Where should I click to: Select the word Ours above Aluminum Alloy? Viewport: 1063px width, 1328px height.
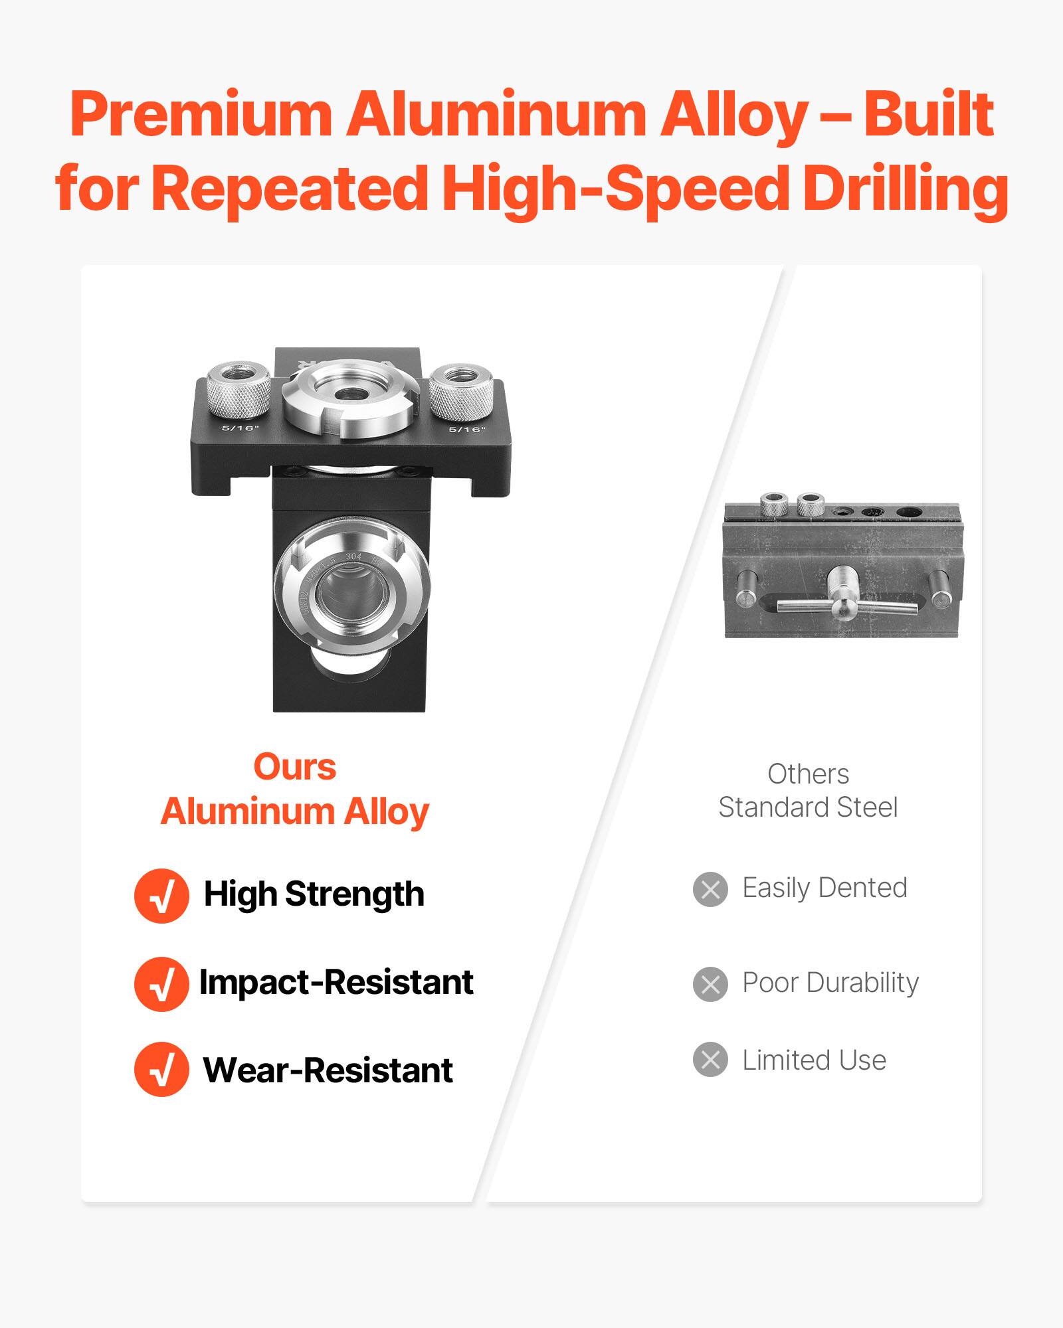click(x=294, y=767)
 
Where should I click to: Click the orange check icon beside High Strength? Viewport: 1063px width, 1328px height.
click(x=161, y=896)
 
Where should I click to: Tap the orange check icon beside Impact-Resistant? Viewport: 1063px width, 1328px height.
click(x=161, y=984)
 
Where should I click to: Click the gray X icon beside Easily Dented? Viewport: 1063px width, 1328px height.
click(x=710, y=889)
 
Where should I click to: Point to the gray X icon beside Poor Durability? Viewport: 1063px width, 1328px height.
click(x=710, y=984)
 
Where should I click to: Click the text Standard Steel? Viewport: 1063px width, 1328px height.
click(x=808, y=807)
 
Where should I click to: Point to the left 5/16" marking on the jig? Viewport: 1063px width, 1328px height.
click(x=240, y=428)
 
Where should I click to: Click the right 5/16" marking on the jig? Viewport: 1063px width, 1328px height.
click(x=467, y=429)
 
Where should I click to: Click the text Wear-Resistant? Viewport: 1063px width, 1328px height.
click(x=328, y=1070)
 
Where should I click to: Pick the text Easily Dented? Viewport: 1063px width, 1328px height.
click(x=824, y=888)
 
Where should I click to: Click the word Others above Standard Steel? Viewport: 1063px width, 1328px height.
click(x=808, y=774)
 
